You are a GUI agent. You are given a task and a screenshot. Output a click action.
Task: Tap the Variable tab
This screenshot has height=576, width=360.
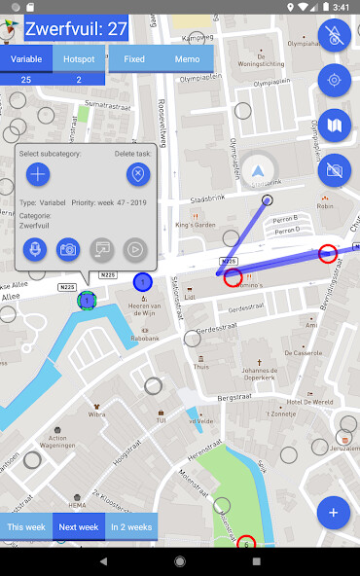pos(26,59)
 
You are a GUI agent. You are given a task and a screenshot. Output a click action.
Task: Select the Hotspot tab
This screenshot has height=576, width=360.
pos(80,59)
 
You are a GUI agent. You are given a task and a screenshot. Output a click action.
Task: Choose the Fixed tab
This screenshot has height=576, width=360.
pos(134,59)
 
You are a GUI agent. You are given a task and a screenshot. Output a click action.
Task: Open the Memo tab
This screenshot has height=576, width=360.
pos(187,59)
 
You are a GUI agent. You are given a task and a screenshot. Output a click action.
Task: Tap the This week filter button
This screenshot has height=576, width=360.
pos(26,526)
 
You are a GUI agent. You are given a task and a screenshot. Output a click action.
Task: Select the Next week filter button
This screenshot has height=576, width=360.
pos(79,526)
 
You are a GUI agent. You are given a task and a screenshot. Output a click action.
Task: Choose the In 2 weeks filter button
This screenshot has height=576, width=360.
pos(131,526)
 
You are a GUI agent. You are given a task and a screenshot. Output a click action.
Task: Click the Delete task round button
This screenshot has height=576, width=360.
pos(138,175)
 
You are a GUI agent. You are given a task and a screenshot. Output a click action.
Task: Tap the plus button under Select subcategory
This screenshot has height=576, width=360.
pos(38,175)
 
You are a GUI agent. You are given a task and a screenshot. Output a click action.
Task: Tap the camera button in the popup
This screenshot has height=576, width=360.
pos(68,250)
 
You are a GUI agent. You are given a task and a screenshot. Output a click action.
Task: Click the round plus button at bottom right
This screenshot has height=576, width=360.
pos(334,512)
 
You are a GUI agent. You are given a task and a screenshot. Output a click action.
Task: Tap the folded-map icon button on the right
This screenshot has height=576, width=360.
pos(334,125)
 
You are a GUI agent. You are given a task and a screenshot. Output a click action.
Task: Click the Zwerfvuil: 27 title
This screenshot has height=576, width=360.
pos(77,29)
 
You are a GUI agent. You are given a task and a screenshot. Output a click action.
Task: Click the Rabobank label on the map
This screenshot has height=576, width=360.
pos(143,339)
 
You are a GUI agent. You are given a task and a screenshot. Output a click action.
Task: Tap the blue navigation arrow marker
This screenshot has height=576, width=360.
pos(260,168)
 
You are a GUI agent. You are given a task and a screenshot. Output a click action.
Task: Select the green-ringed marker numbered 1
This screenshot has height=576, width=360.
pos(87,301)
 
